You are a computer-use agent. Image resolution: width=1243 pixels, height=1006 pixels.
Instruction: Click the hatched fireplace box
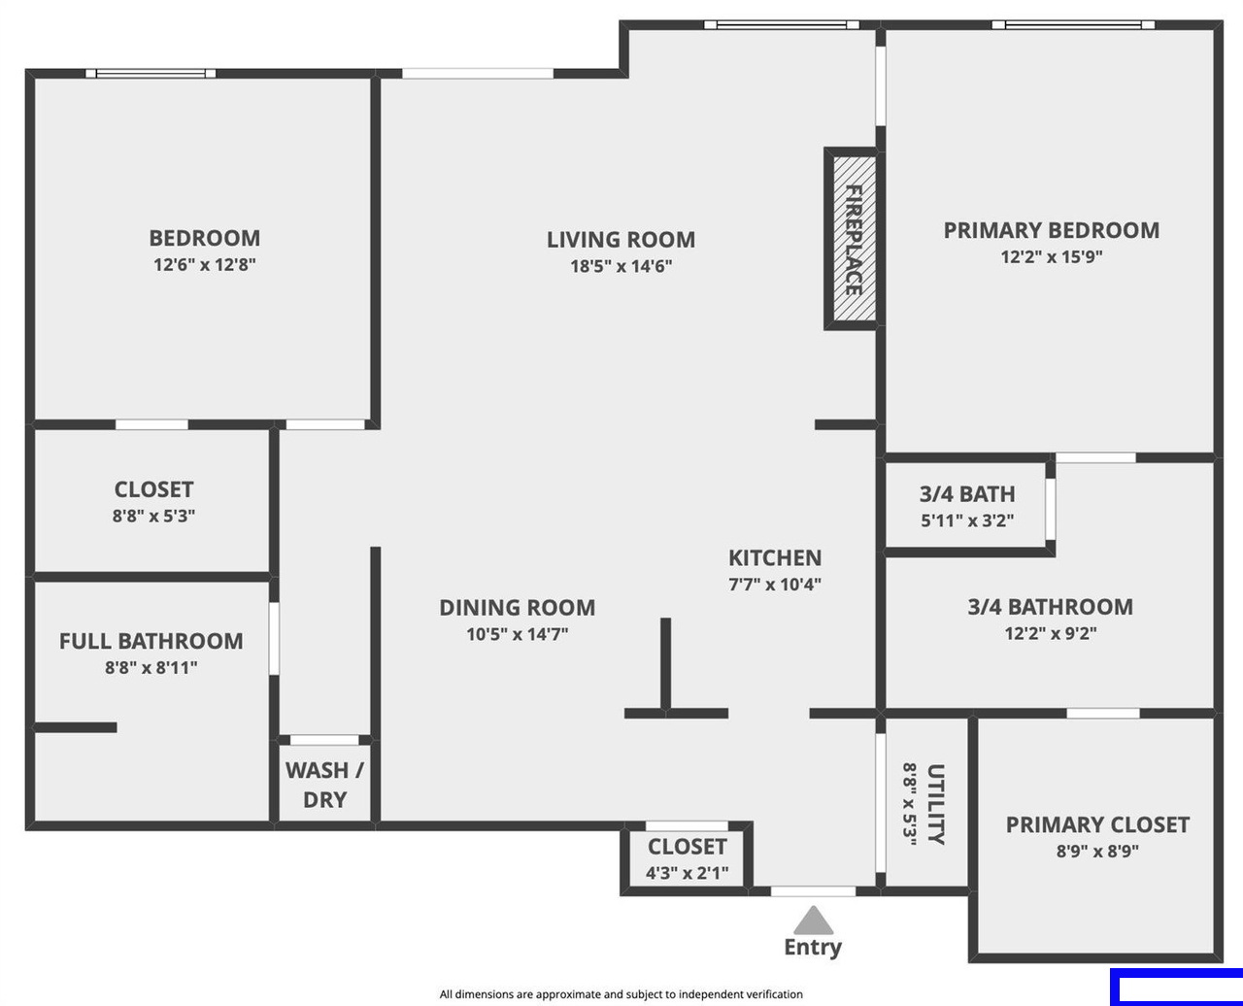854,239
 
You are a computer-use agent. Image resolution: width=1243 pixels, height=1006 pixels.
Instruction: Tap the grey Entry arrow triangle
814,921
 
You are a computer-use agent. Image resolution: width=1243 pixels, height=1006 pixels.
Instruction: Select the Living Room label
621,240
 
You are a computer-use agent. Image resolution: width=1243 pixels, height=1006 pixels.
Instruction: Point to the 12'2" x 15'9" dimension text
1052,256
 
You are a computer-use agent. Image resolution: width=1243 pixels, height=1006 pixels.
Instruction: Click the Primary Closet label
1097,825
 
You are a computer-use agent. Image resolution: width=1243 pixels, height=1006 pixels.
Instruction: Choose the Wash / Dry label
324,785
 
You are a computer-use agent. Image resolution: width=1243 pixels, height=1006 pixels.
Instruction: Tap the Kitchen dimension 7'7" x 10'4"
775,585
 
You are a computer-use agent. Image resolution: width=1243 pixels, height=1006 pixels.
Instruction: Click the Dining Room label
517,608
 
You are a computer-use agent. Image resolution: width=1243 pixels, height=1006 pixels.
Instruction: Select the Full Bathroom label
151,641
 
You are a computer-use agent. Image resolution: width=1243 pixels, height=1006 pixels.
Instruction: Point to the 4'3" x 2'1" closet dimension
687,873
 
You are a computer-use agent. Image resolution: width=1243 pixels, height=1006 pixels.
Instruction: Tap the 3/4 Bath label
967,494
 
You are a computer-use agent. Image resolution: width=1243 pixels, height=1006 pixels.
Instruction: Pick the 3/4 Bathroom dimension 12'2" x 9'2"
1051,633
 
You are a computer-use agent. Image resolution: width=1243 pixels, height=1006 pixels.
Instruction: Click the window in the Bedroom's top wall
151,74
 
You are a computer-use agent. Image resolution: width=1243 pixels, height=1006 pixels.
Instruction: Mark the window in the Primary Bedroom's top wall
1073,25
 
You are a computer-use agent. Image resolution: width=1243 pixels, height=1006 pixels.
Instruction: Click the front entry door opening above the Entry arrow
814,891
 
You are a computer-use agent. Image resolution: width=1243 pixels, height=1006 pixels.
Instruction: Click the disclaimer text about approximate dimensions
621,994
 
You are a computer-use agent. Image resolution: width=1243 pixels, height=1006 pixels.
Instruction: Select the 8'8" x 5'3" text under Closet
153,516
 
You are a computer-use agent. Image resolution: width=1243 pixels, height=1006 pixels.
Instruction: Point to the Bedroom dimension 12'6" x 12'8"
205,265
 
